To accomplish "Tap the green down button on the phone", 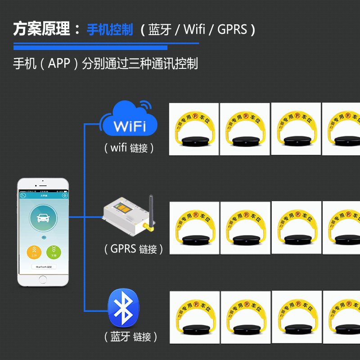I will pyautogui.click(x=54, y=252).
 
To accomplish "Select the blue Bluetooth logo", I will pyautogui.click(x=123, y=308).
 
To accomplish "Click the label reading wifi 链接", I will pyautogui.click(x=129, y=148).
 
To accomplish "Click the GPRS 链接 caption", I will pyautogui.click(x=134, y=248).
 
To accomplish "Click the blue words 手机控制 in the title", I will pyautogui.click(x=110, y=30).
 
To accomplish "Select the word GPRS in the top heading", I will pyautogui.click(x=232, y=30).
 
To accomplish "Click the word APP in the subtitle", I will pyautogui.click(x=59, y=63).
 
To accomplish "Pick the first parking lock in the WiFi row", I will pyautogui.click(x=194, y=129).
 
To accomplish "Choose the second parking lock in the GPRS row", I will pyautogui.click(x=245, y=228).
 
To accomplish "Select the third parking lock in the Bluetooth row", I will pyautogui.click(x=297, y=317).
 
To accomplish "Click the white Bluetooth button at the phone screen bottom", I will pyautogui.click(x=43, y=266).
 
